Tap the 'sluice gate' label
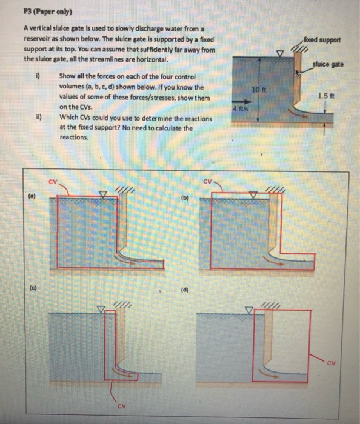(330, 64)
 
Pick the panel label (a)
(30, 195)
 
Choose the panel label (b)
(185, 197)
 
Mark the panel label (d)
(185, 290)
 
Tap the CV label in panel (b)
(207, 180)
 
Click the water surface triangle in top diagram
(279, 53)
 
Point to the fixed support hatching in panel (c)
(123, 303)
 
